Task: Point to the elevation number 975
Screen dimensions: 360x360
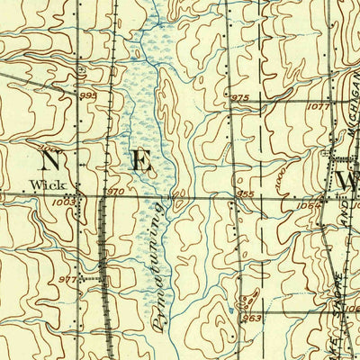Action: point(238,97)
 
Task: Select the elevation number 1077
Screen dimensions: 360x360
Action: point(319,106)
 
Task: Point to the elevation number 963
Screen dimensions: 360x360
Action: point(253,317)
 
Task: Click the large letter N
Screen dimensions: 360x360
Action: point(51,161)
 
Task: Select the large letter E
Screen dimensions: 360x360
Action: point(141,162)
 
